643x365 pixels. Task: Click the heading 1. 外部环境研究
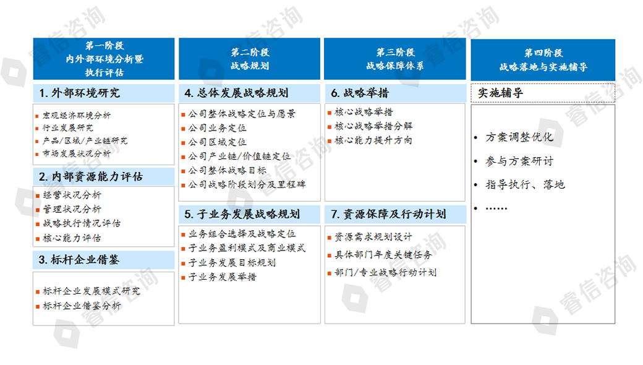(x=80, y=93)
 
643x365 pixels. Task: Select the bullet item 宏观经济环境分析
(x=76, y=115)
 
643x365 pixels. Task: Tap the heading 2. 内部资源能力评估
(x=91, y=177)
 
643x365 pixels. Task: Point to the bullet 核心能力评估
(x=72, y=238)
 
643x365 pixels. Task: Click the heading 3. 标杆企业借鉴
(x=79, y=260)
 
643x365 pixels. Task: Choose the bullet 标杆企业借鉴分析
(x=82, y=306)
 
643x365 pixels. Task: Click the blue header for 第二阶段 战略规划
(x=249, y=59)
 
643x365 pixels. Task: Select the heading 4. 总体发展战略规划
(x=236, y=93)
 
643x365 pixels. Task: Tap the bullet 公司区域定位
(x=217, y=142)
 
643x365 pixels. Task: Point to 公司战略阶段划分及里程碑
(x=247, y=184)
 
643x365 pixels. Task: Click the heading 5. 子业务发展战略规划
(x=242, y=214)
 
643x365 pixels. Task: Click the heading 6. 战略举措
(x=360, y=93)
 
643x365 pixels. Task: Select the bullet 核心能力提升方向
(x=373, y=140)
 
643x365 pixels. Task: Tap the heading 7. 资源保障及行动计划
(x=388, y=214)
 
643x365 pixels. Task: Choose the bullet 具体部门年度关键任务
(x=383, y=255)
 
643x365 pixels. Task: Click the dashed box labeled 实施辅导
(x=543, y=93)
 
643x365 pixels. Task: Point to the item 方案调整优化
(x=519, y=137)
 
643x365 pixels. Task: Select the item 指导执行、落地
(x=525, y=184)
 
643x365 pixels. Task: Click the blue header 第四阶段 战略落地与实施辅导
(x=543, y=60)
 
